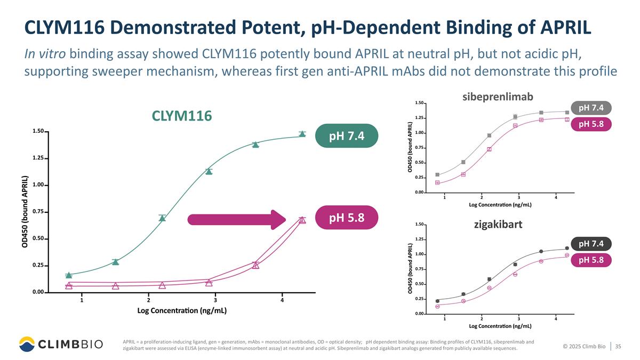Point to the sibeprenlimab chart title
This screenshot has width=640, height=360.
(497, 96)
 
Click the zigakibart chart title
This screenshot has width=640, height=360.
(498, 224)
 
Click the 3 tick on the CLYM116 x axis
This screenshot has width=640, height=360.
(215, 301)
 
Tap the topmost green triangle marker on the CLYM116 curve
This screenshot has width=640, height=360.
(302, 134)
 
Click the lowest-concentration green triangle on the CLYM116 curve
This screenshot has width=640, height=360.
(69, 275)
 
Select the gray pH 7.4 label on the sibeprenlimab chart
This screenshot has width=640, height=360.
(591, 108)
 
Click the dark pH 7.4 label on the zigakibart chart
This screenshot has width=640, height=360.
(591, 244)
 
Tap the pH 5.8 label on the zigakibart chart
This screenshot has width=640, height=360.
(591, 260)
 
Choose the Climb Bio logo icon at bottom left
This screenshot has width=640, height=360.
(27, 343)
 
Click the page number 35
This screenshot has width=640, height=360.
(619, 347)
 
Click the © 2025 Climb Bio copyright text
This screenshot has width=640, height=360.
(584, 347)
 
